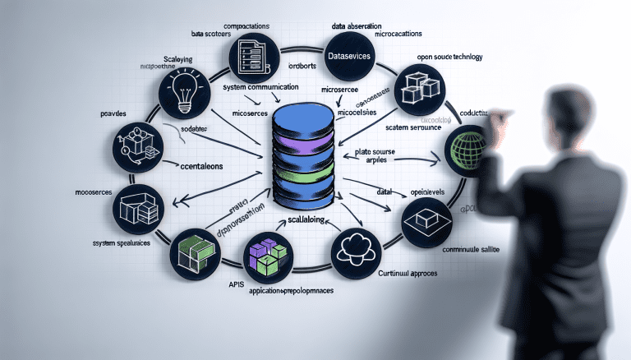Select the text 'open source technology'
click(x=450, y=57)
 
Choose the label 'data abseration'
click(x=362, y=25)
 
